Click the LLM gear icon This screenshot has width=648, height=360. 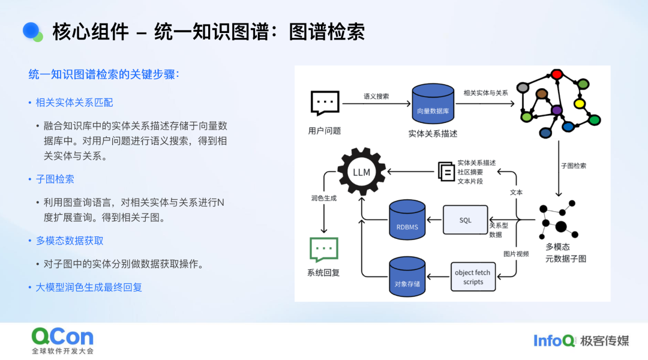pos(361,172)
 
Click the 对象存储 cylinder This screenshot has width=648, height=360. pos(407,276)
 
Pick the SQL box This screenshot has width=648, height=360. pos(466,220)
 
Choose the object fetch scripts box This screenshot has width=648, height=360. pos(473,277)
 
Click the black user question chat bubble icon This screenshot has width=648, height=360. pos(325,103)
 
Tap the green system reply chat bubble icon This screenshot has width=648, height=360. pos(324,249)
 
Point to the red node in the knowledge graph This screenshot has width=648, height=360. pos(556,74)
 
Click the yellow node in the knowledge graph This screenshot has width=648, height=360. pos(579,104)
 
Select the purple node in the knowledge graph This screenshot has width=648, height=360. pos(557,110)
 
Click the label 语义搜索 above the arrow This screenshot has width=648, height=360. pos(376,96)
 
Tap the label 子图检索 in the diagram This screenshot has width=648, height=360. pos(574,166)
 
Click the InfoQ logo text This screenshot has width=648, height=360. pos(554,341)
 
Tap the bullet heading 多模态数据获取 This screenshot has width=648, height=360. pos(70,241)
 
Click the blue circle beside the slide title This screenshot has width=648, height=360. pos(31,31)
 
